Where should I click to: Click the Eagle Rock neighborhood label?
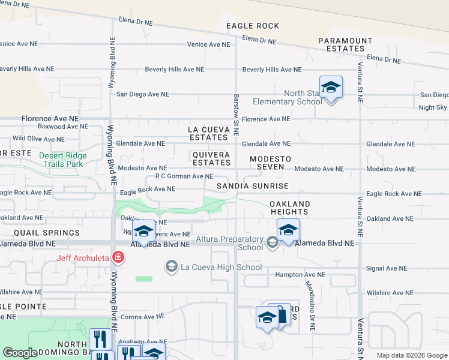[x=253, y=26]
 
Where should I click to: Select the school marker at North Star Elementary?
[x=331, y=88]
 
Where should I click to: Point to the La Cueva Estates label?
[x=208, y=133]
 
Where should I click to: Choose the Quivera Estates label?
[x=211, y=158]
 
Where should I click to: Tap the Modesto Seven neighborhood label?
[x=270, y=163]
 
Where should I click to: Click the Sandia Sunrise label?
[x=253, y=187]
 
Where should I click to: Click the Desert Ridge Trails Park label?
[x=63, y=160]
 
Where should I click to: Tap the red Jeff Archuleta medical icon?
[x=119, y=258]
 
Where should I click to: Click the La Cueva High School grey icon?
[x=171, y=266]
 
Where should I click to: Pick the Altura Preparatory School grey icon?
[x=273, y=242]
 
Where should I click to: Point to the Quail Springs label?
[x=45, y=233]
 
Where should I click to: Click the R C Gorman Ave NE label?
[x=184, y=176]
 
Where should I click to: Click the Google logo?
[x=20, y=353]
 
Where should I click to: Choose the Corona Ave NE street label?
[x=142, y=316]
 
